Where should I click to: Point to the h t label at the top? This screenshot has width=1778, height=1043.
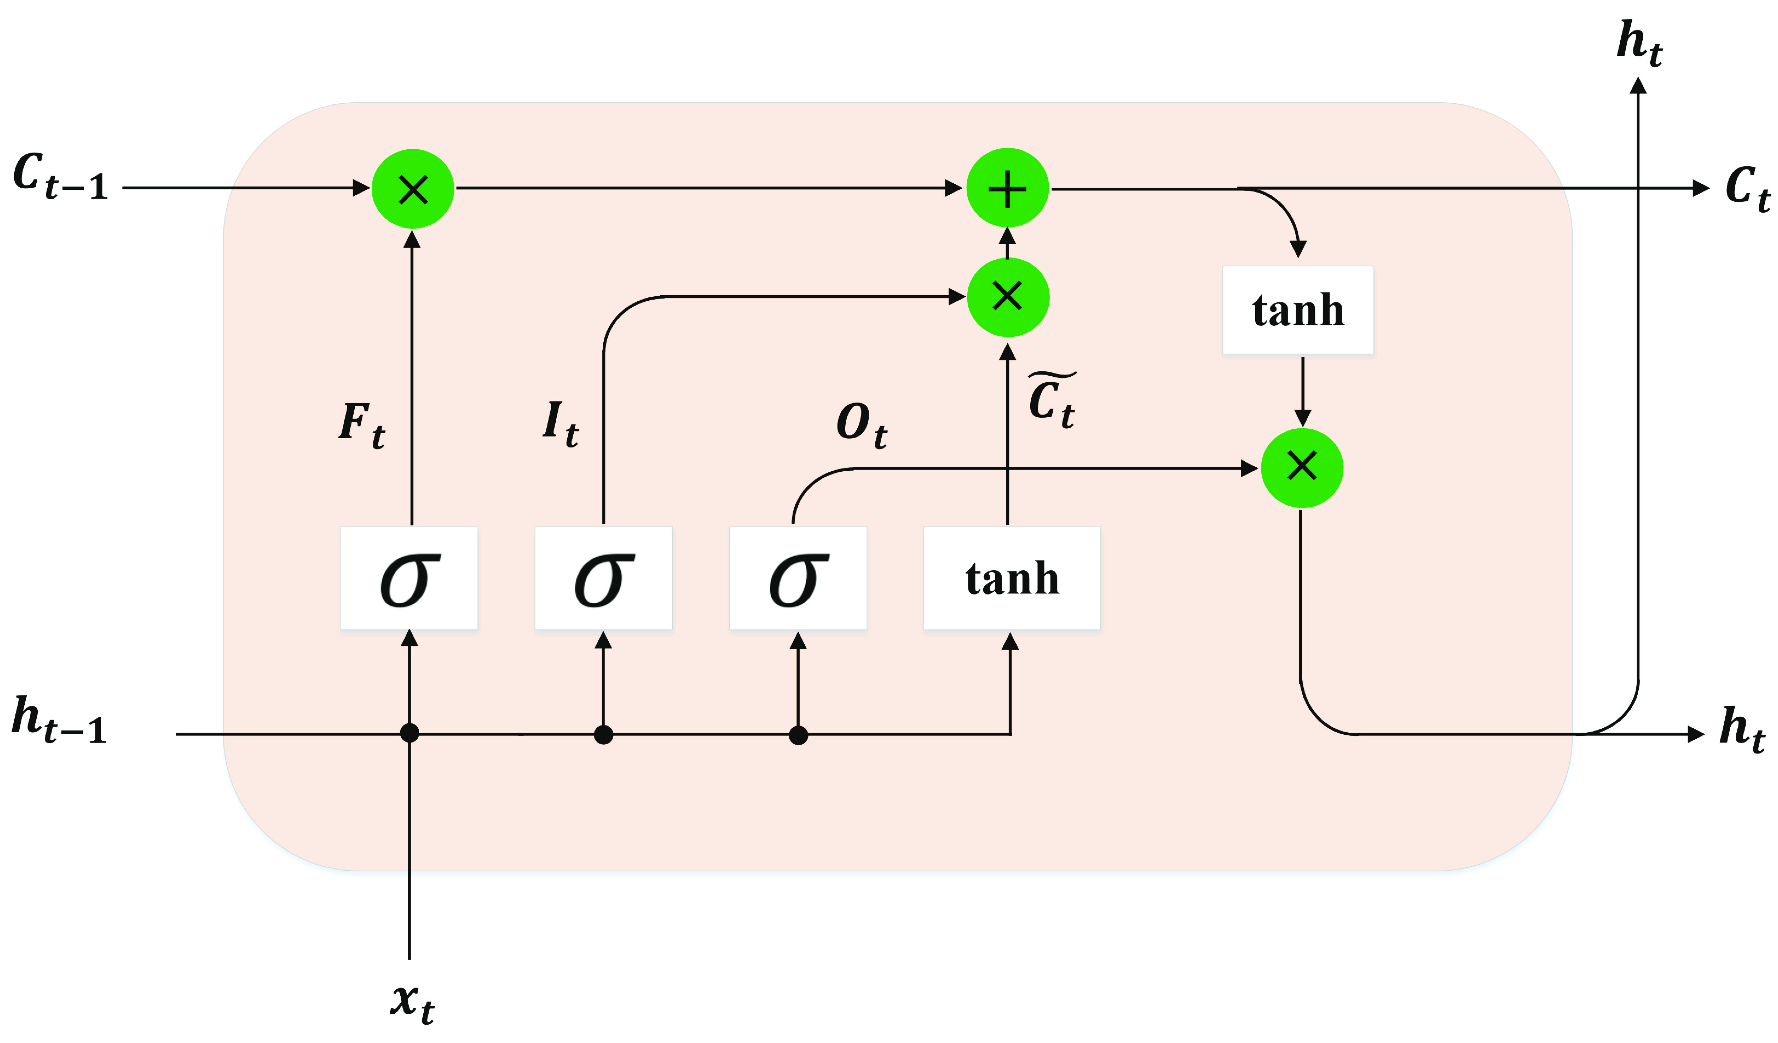[1639, 42]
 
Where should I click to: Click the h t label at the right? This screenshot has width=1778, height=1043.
[1741, 729]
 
